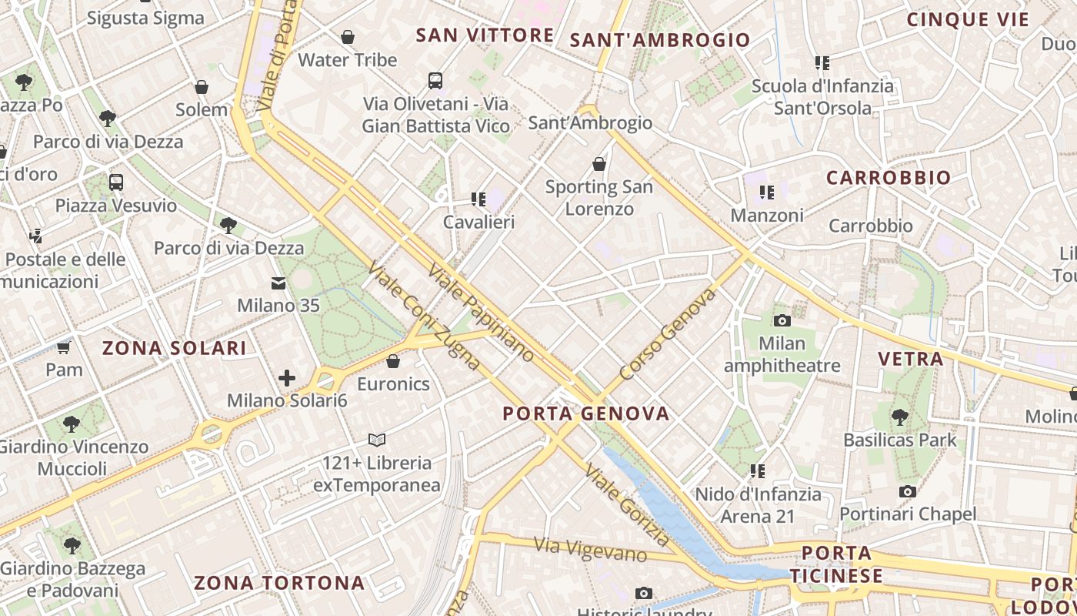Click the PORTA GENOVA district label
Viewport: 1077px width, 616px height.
click(586, 413)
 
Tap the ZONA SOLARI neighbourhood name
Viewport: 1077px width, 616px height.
click(175, 348)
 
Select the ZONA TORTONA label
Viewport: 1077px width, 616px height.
click(278, 583)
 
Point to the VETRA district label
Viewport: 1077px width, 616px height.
click(911, 358)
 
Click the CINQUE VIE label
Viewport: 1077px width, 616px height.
click(968, 20)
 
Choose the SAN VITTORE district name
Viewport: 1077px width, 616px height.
click(485, 35)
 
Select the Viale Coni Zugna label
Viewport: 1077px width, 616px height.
click(425, 316)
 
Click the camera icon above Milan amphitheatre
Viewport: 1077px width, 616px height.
click(782, 320)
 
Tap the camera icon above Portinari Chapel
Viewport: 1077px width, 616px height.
click(908, 491)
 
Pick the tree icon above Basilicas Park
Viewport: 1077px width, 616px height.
click(900, 417)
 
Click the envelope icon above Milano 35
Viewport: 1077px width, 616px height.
click(278, 283)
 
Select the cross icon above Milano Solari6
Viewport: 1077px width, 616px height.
click(287, 378)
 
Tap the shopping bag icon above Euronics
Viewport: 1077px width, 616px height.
click(393, 360)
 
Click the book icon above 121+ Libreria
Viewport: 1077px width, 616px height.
click(376, 440)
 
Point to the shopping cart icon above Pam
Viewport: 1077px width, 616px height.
click(63, 348)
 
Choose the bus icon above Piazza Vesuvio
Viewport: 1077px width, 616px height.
click(115, 182)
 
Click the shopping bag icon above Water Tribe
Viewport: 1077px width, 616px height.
click(348, 36)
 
